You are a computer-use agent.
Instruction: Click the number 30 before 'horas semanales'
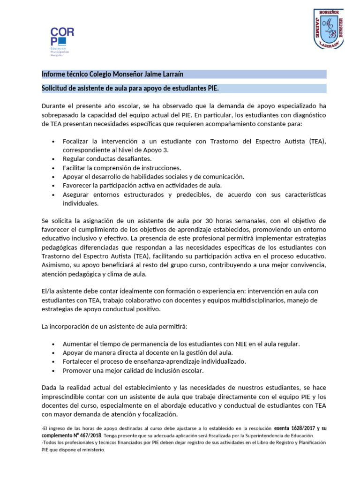(x=216, y=221)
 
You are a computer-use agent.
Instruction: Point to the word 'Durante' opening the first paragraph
(x=54, y=106)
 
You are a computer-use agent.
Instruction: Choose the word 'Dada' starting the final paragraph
(x=50, y=388)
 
